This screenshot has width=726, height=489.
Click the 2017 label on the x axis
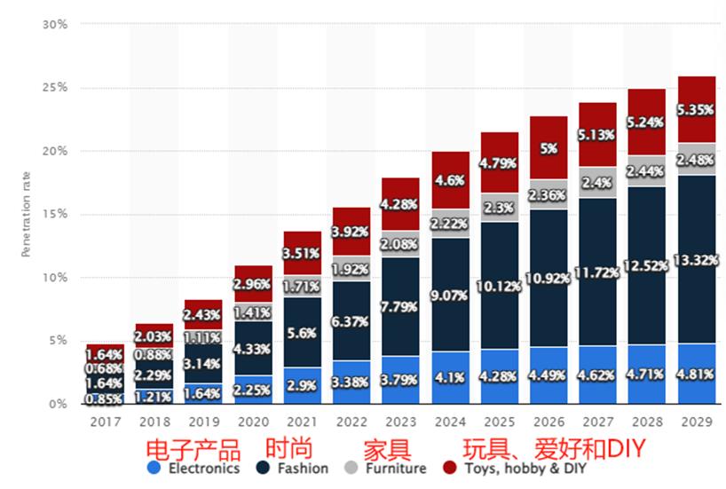point(106,422)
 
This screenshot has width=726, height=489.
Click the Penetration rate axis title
point(27,214)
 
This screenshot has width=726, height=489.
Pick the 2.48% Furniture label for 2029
point(697,160)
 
